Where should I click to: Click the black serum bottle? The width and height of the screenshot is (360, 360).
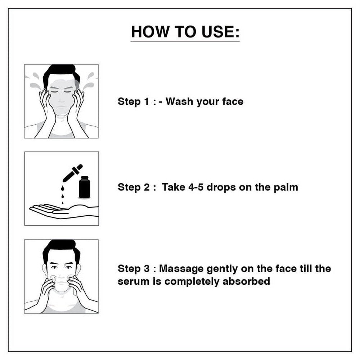coord(85,187)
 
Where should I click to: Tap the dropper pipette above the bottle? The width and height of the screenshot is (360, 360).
coord(72,174)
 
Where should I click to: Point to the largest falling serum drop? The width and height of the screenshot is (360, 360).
coord(62,189)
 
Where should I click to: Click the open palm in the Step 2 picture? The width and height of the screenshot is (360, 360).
coord(64,211)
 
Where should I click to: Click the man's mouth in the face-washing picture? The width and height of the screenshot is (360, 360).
coord(61,107)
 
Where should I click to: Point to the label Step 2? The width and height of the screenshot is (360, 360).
coord(134,187)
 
